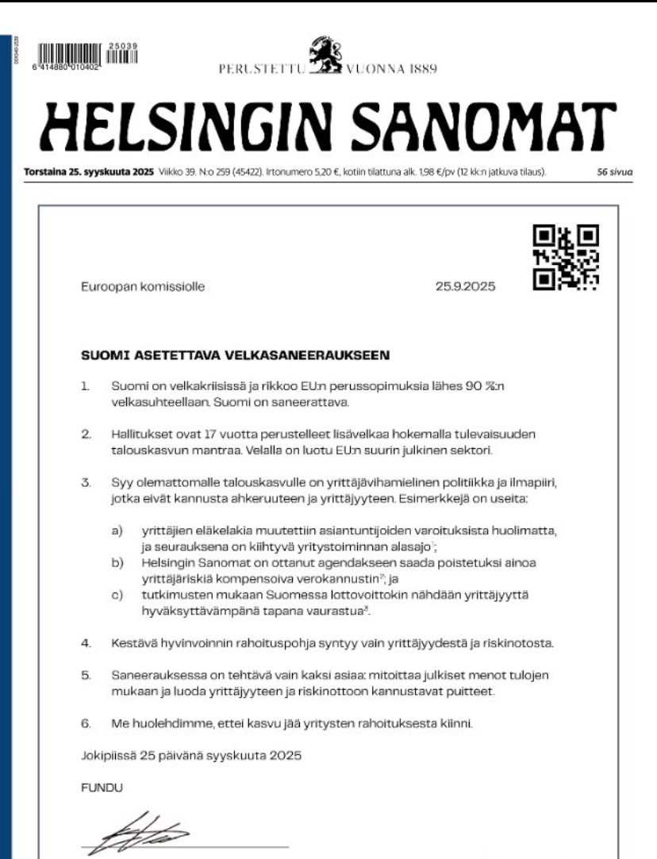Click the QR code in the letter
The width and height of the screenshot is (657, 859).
(x=566, y=257)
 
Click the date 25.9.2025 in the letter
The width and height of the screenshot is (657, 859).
(x=465, y=287)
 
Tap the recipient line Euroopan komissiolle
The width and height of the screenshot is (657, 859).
(x=142, y=287)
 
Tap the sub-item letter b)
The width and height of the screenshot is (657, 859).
(x=117, y=562)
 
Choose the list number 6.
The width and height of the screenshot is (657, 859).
(x=86, y=723)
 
